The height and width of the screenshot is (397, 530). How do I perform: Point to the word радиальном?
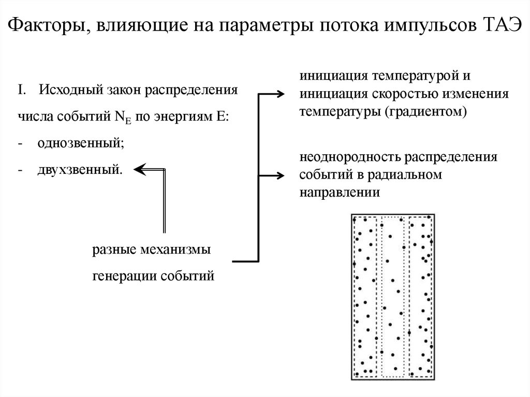click(404, 175)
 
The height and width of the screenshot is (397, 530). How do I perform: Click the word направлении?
click(340, 193)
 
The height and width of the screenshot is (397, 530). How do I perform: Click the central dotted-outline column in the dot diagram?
click(392, 296)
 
